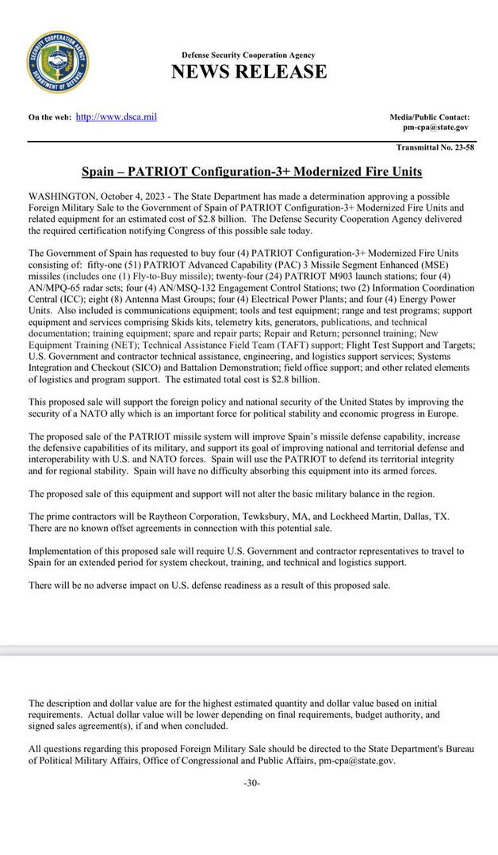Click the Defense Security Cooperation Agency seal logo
(57, 63)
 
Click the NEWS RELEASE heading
(248, 72)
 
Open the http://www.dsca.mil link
(116, 117)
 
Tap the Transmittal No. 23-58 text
(435, 147)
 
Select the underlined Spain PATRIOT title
(251, 171)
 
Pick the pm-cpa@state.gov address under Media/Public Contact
(435, 127)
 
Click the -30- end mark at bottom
(251, 783)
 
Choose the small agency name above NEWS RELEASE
(248, 55)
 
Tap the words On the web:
(49, 118)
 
